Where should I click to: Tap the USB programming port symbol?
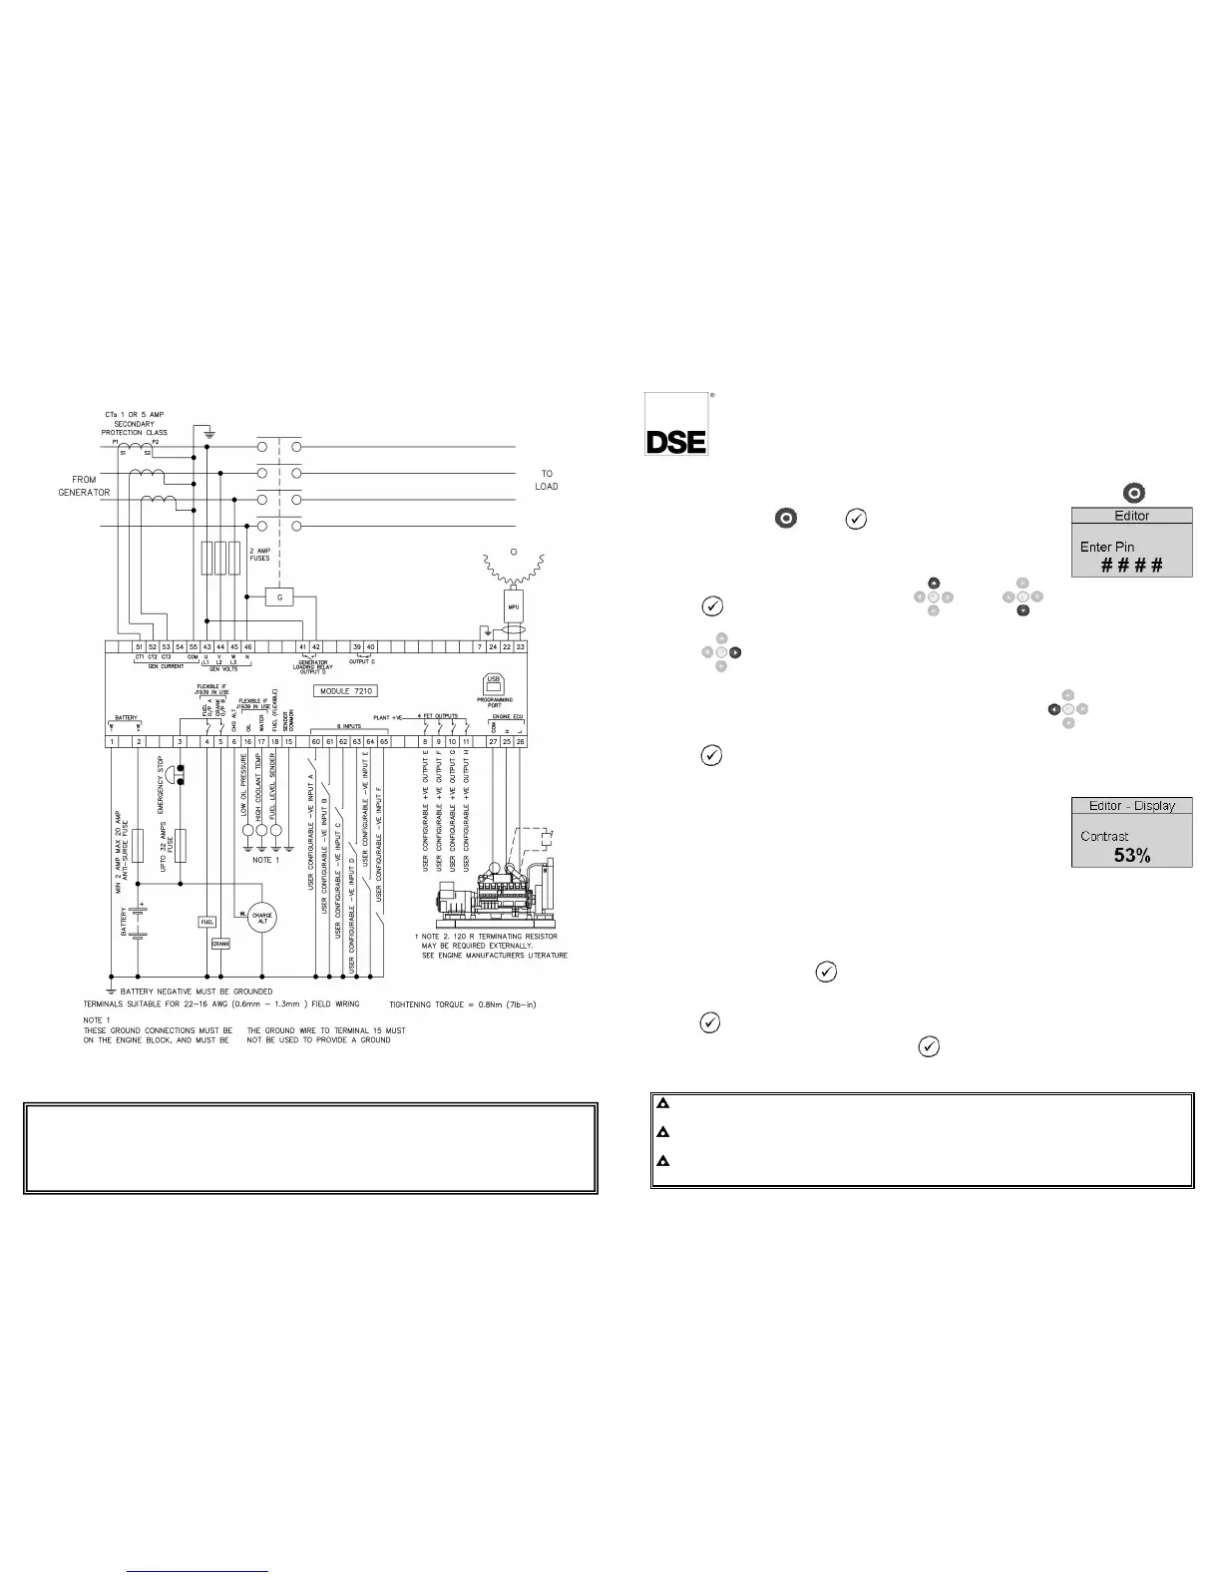pos(493,683)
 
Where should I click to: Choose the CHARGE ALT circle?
pos(262,918)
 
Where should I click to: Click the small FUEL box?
pos(207,922)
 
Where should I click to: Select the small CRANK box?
pos(220,943)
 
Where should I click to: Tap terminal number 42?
pos(316,647)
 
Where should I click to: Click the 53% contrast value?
pos(1132,855)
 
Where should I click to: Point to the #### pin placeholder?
pos(1132,566)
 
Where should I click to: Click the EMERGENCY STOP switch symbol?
pos(180,776)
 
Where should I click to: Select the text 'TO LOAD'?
pos(547,480)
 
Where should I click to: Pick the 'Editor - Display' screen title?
pos(1132,805)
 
